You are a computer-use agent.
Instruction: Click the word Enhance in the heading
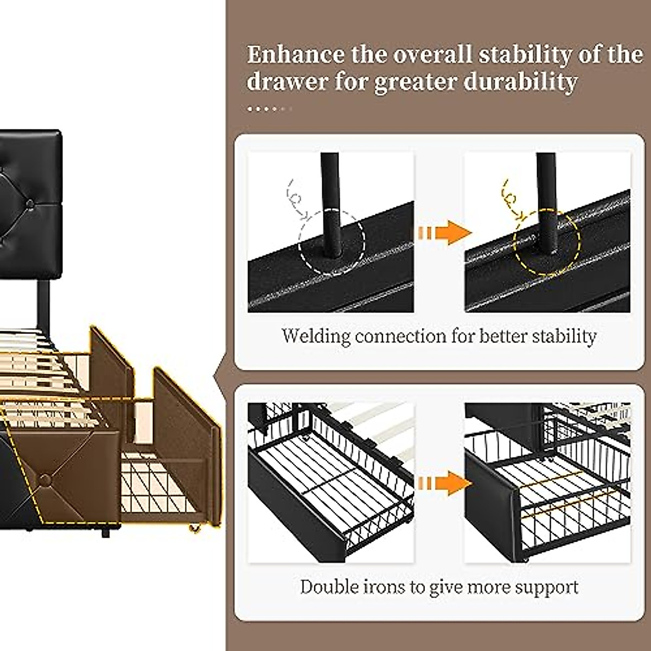[295, 55]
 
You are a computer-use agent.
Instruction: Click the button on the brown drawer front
[46, 479]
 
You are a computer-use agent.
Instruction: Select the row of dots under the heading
[269, 109]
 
